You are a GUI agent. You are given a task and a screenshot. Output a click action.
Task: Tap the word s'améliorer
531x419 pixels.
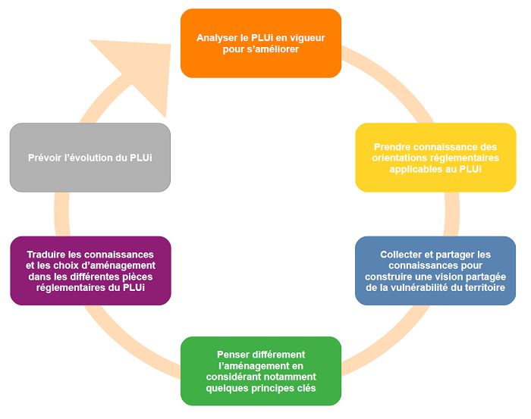[x=274, y=49]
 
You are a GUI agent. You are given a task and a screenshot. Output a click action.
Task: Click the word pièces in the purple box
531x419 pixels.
[x=137, y=277]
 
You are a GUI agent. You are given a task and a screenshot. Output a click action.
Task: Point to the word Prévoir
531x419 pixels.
[x=51, y=158]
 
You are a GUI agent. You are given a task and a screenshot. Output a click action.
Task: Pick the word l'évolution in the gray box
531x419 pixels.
[x=99, y=158]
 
